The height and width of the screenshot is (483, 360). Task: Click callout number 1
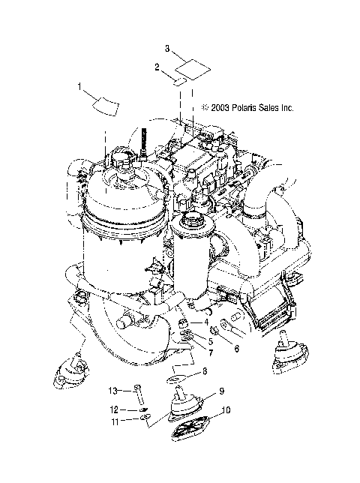[79, 88]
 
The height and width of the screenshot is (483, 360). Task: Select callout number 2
[157, 67]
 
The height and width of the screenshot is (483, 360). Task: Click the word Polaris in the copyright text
[240, 108]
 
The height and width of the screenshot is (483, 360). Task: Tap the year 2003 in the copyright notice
[219, 108]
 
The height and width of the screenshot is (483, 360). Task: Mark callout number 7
[211, 352]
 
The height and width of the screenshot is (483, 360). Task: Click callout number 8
[206, 371]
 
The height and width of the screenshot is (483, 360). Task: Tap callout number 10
[227, 411]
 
